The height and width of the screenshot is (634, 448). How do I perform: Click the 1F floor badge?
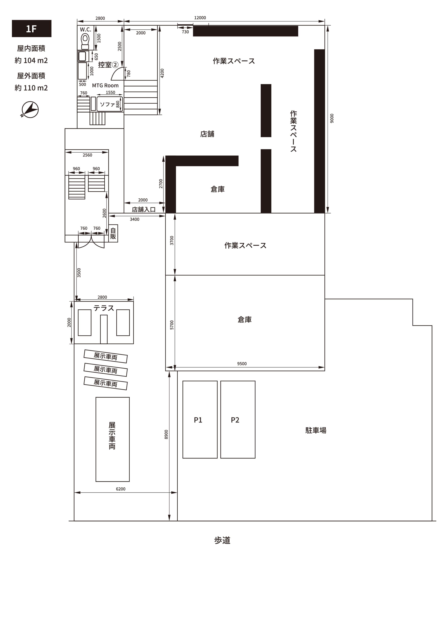pos(31,28)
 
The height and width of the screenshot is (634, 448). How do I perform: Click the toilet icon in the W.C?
pos(85,41)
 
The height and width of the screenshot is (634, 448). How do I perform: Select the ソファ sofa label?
pos(107,104)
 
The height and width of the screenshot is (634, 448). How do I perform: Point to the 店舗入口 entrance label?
pos(144,210)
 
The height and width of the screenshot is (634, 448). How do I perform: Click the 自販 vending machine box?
pos(113,233)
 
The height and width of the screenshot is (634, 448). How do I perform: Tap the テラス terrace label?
pos(104,308)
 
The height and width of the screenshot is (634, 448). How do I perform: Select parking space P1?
pos(200,419)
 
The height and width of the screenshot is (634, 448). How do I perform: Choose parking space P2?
pos(238,419)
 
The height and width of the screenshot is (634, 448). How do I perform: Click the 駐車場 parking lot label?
pos(316,430)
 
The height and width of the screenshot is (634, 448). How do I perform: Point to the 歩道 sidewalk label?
pos(222,540)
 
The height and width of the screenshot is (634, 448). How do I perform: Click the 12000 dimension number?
pos(200,18)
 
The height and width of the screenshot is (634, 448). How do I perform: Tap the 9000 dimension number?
pos(332,118)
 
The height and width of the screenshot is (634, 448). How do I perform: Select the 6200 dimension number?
pos(121,489)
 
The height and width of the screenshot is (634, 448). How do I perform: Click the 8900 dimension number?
pos(166,434)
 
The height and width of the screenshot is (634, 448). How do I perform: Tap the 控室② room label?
pos(108,65)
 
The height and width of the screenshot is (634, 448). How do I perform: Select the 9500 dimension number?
pos(242,364)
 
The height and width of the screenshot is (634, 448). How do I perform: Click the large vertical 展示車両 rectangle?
pos(112,439)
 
